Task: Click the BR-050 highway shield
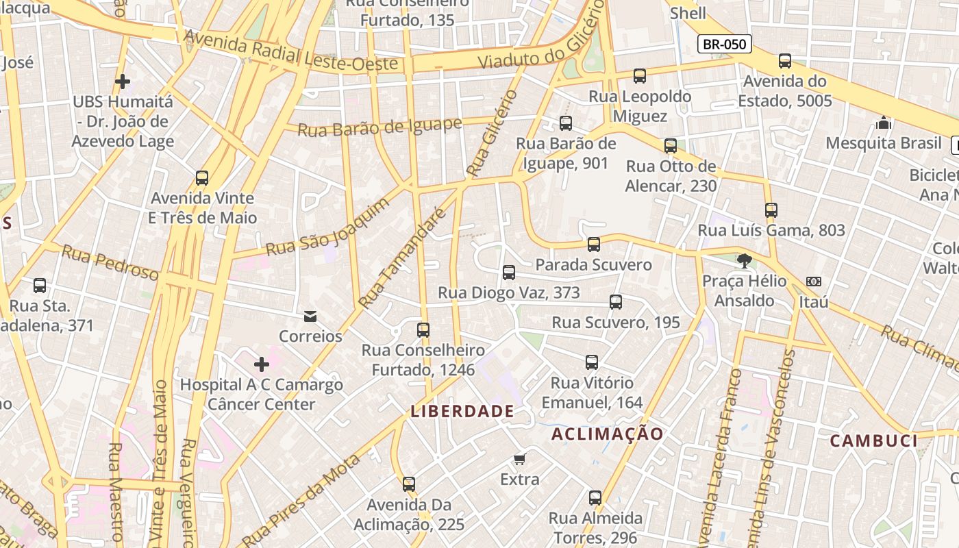[x=725, y=45]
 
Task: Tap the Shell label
[x=688, y=12]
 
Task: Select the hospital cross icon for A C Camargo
[x=261, y=364]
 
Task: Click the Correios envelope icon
[x=310, y=316]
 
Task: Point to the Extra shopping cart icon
[x=520, y=459]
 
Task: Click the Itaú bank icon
[x=814, y=282]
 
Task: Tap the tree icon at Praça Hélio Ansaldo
[x=744, y=260]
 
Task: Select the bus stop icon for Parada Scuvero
[x=594, y=245]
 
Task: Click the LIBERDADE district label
[x=462, y=411]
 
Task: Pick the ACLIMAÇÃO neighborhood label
[x=608, y=434]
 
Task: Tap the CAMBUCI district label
[x=873, y=440]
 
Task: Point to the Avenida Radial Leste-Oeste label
[x=291, y=51]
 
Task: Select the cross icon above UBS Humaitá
[x=123, y=82]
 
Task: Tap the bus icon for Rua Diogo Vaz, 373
[x=509, y=273]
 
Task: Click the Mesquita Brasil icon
[x=884, y=123]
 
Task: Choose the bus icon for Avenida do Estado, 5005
[x=785, y=61]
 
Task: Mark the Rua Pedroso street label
[x=110, y=263]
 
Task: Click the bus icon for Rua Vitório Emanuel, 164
[x=592, y=362]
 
